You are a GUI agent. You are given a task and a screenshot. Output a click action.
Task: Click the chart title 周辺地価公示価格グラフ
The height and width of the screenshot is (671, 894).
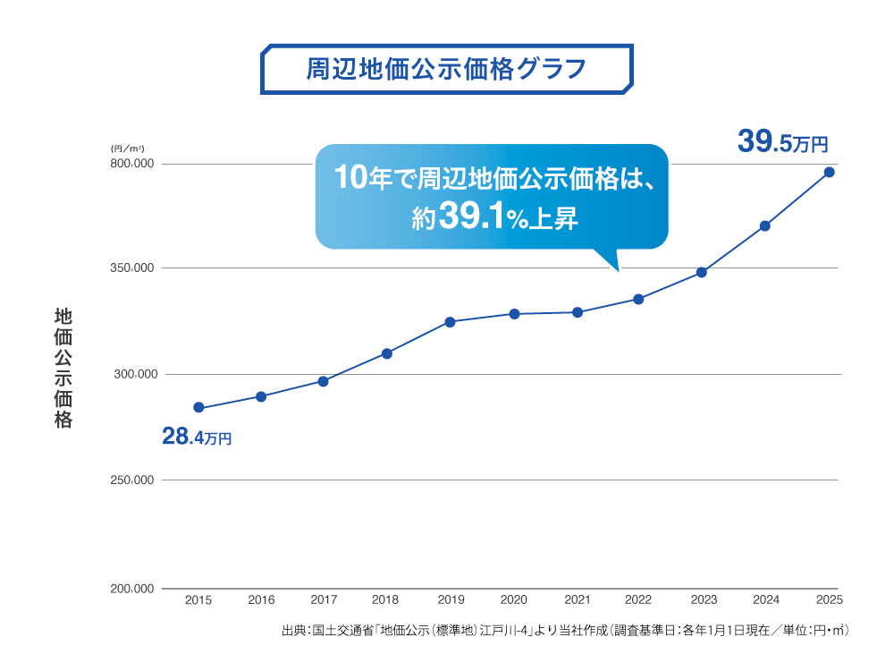(446, 69)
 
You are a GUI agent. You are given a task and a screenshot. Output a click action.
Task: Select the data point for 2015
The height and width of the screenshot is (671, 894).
(198, 408)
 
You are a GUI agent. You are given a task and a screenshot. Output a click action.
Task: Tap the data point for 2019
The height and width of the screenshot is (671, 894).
(450, 322)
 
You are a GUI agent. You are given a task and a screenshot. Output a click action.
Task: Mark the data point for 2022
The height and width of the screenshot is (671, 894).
(638, 299)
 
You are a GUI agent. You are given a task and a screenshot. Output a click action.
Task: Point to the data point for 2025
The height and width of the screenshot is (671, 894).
(829, 172)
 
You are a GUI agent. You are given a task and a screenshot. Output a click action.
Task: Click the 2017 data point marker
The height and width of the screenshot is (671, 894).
(323, 381)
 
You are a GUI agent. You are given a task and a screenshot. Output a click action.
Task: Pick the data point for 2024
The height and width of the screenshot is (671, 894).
(765, 225)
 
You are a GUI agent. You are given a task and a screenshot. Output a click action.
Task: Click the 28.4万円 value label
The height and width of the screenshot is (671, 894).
(197, 437)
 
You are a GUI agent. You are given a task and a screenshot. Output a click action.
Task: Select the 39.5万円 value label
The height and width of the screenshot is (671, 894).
(783, 142)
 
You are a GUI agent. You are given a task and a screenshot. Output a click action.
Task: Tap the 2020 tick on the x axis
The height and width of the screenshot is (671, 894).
(513, 600)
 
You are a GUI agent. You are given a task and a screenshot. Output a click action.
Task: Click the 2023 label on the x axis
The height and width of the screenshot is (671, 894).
(704, 600)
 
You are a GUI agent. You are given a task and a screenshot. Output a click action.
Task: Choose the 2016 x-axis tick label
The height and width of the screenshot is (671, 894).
(261, 600)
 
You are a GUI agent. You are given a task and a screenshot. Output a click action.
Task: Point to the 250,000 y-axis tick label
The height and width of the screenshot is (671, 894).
(132, 480)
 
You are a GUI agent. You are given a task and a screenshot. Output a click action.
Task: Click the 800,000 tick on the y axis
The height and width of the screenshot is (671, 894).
(132, 164)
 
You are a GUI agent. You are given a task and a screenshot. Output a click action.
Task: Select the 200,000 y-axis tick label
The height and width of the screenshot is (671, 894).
(132, 589)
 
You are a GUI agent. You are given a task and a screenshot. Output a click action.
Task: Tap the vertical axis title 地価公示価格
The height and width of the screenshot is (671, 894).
(63, 368)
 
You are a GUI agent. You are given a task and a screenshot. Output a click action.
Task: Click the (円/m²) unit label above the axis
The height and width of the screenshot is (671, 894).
(128, 147)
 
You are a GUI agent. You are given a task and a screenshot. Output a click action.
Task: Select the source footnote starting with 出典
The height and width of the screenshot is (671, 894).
(564, 632)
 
